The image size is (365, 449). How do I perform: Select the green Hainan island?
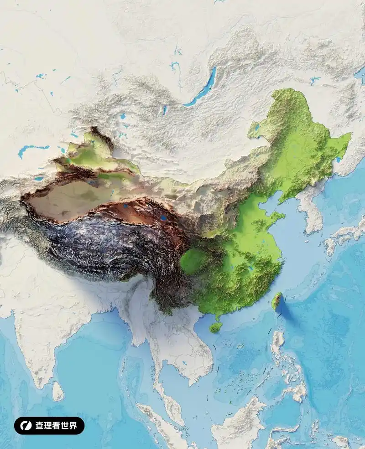[216, 327]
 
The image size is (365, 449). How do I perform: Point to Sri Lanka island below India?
[57, 391]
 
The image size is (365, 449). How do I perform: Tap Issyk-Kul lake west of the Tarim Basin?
[39, 179]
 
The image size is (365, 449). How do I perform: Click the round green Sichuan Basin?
[193, 261]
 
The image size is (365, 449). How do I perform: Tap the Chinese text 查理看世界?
[57, 426]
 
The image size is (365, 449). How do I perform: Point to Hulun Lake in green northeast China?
[256, 128]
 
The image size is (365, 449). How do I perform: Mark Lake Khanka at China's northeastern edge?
[338, 159]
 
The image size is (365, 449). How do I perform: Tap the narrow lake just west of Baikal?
[164, 109]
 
